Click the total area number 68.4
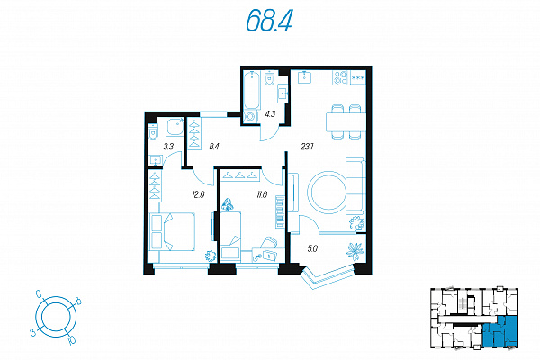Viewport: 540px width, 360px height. coord(269,21)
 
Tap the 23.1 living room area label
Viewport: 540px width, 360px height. coord(307,147)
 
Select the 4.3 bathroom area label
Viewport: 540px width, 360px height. coord(270,113)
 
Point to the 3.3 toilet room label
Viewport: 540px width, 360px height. coord(168,147)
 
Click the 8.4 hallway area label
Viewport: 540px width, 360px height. coord(214,147)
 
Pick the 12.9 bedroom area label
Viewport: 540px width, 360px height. coord(198,195)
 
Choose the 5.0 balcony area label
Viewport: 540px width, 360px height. coord(312,248)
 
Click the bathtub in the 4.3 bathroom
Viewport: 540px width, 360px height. coord(251,89)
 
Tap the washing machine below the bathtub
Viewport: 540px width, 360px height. coord(251,116)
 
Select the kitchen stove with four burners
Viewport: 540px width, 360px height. coord(341,78)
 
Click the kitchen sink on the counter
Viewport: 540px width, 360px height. coord(304,77)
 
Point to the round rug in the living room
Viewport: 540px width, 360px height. coord(328,193)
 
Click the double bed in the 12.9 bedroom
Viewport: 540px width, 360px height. coord(172,231)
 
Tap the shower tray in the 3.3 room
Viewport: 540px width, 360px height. coord(175,126)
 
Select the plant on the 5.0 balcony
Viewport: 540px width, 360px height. coord(355,250)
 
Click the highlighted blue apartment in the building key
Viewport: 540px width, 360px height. coord(500,331)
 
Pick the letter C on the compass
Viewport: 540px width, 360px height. coord(39,294)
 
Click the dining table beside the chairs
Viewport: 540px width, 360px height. coord(346,122)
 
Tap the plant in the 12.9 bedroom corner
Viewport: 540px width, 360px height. coord(210,256)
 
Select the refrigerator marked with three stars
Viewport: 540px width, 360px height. coord(358,78)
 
